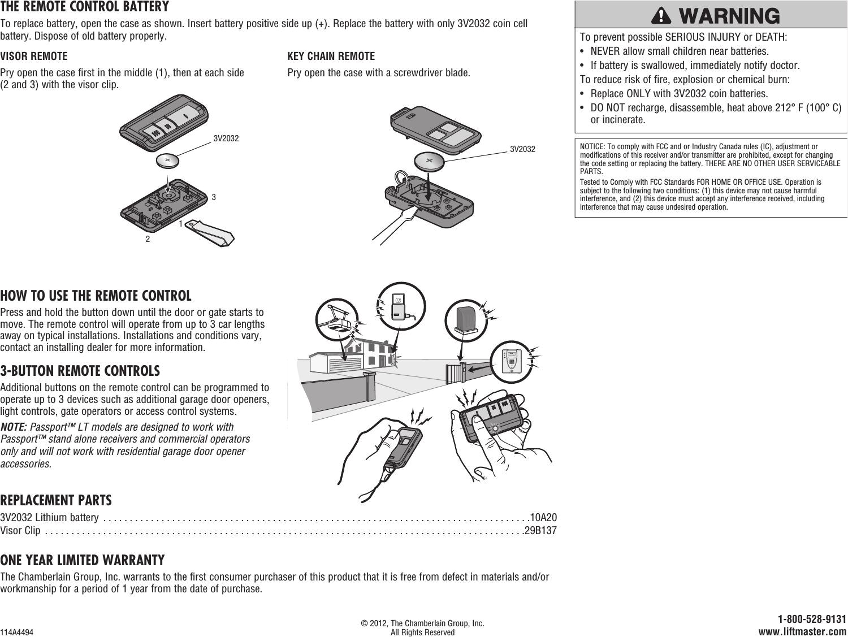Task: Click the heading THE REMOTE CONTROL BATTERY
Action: tap(85, 7)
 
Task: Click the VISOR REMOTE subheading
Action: tap(34, 57)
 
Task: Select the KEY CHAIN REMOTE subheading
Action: tap(331, 57)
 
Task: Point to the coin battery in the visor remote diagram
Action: tap(167, 161)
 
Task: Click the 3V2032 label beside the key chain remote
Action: tap(522, 149)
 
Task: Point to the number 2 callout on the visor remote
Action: tap(148, 239)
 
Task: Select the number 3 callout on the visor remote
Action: tap(214, 198)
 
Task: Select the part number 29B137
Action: tap(541, 531)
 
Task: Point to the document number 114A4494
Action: tap(17, 632)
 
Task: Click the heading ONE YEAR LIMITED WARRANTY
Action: tap(83, 560)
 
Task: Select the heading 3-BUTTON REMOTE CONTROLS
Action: tap(80, 371)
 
